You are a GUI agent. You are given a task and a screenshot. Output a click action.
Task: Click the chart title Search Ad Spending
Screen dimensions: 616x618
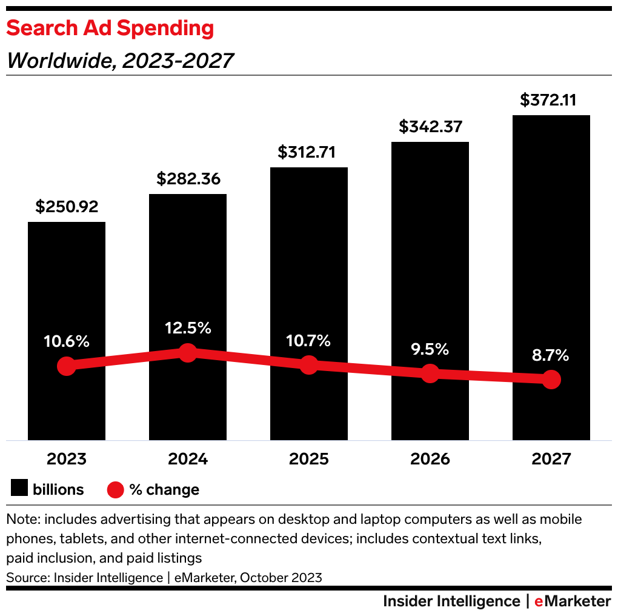(110, 28)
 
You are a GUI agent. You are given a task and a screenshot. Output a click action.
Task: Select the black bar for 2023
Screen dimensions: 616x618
(67, 291)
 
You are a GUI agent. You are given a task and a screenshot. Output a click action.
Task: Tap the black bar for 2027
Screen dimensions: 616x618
(551, 243)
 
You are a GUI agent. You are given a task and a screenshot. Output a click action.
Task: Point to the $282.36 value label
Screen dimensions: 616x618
(188, 179)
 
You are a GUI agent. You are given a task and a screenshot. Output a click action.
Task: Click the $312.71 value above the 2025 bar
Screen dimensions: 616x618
(309, 152)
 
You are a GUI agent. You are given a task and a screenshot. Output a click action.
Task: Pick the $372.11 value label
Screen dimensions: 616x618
(551, 100)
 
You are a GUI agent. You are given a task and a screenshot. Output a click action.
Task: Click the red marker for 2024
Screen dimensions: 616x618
(188, 353)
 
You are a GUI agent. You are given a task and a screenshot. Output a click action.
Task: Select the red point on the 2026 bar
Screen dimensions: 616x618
(430, 373)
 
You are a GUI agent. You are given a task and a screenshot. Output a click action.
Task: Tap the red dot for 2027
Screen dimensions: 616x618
(551, 380)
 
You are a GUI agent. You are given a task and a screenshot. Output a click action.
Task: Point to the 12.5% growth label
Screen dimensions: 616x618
(188, 328)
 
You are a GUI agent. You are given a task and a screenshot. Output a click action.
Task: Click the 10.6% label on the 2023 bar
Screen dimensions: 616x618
(67, 341)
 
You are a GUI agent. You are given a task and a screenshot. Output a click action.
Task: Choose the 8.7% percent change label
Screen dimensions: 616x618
(551, 355)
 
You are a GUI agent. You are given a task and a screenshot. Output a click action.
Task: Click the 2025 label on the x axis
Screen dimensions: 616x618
(309, 459)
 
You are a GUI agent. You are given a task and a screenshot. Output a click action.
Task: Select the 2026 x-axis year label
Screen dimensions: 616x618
(430, 459)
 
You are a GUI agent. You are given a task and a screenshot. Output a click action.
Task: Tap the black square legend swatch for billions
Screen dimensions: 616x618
(20, 489)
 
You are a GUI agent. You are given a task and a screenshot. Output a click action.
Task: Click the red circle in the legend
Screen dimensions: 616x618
(115, 489)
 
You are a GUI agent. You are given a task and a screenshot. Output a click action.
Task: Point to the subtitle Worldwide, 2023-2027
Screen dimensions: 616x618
(119, 61)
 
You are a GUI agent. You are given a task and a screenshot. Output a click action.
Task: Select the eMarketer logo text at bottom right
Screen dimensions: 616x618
(572, 601)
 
